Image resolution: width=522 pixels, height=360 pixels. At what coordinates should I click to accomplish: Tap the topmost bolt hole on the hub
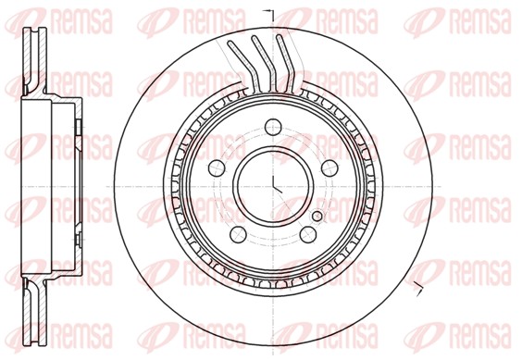pos(272,129)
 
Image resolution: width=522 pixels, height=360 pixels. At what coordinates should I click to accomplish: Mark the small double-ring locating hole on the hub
pos(317,217)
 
